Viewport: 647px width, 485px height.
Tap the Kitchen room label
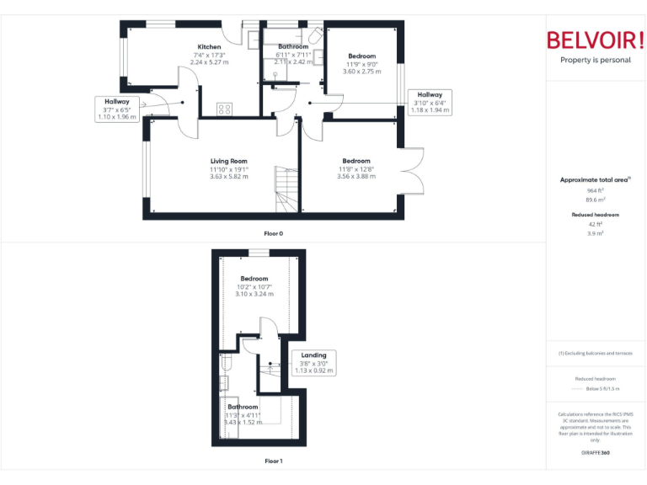coord(209,47)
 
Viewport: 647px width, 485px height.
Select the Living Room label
coord(228,161)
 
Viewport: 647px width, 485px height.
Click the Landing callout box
coord(313,362)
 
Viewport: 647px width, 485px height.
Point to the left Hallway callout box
coord(117,109)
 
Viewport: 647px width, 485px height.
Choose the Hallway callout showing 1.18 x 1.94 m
coord(430,103)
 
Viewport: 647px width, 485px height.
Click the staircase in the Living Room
coord(286,189)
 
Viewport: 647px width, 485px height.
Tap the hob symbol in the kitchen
coord(225,108)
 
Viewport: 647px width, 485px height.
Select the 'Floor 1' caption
coord(274,461)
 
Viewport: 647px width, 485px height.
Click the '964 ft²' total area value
coord(596,191)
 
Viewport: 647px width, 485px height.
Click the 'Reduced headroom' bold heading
coord(596,215)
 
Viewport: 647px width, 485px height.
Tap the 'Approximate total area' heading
coord(595,179)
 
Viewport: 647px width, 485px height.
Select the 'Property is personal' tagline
coord(596,60)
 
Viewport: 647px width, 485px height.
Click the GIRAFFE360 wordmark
coord(596,453)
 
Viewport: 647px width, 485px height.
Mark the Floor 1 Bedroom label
coord(254,279)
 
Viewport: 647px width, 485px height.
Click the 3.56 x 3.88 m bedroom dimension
coord(356,176)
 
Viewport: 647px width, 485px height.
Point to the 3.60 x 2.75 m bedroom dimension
coord(361,72)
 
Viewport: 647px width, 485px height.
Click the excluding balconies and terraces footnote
coord(596,354)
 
